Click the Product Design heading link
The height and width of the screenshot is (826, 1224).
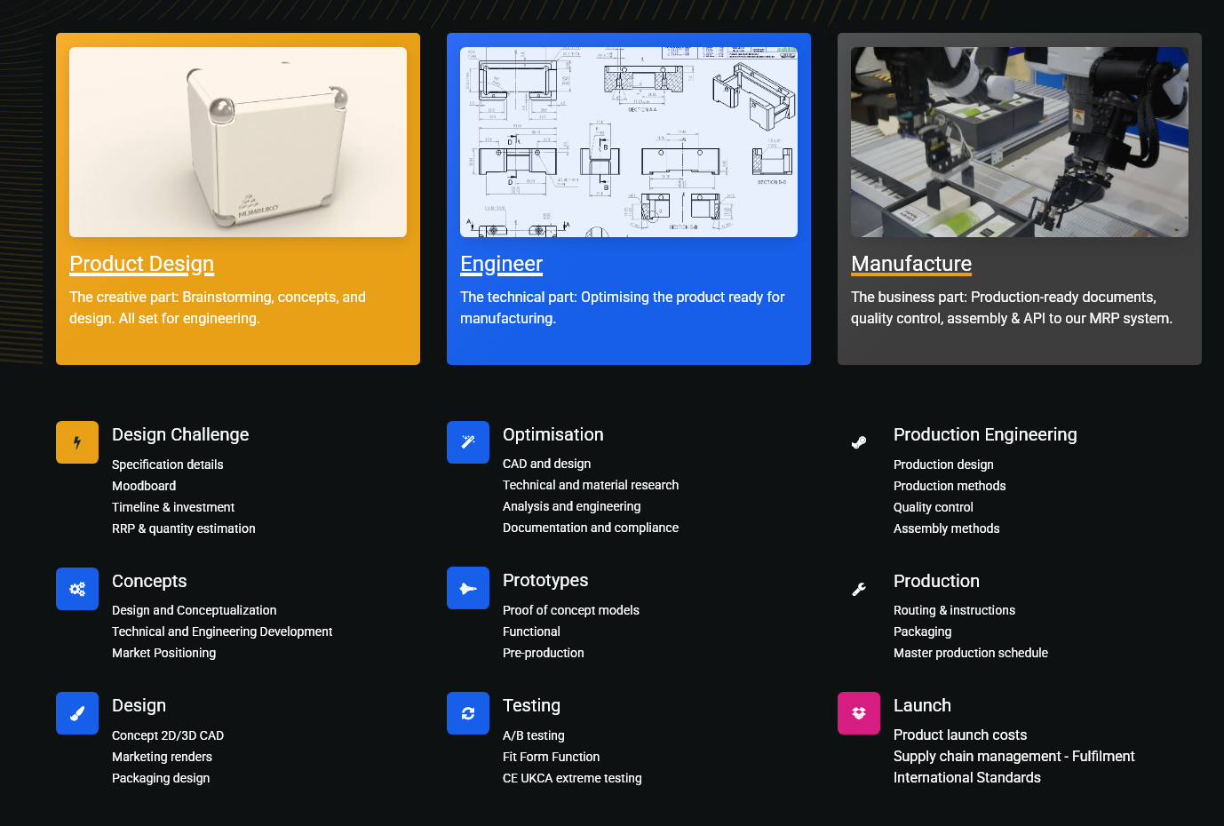pyautogui.click(x=141, y=264)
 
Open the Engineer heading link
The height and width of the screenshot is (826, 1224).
pyautogui.click(x=501, y=264)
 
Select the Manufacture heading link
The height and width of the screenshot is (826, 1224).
pyautogui.click(x=911, y=264)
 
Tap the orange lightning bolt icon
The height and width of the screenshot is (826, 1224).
pyautogui.click(x=77, y=442)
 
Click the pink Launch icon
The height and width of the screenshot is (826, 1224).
pyautogui.click(x=858, y=713)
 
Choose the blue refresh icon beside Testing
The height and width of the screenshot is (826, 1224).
pyautogui.click(x=468, y=713)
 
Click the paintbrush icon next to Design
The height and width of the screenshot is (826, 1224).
pyautogui.click(x=77, y=713)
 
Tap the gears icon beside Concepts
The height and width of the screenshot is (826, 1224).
pyautogui.click(x=77, y=588)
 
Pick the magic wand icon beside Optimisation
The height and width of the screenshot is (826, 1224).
pyautogui.click(x=468, y=442)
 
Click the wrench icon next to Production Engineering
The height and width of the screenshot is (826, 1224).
pyautogui.click(x=858, y=442)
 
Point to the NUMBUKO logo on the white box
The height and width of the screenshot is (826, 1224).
pyautogui.click(x=257, y=208)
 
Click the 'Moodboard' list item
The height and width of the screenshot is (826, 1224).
pyautogui.click(x=144, y=486)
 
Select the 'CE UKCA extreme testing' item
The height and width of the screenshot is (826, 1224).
pyautogui.click(x=572, y=778)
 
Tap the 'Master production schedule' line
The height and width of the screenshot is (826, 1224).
pyautogui.click(x=971, y=653)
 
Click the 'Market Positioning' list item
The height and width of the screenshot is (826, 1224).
pyautogui.click(x=164, y=653)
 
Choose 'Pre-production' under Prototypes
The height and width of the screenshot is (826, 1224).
pyautogui.click(x=543, y=653)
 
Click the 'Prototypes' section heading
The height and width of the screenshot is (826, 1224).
pyautogui.click(x=545, y=580)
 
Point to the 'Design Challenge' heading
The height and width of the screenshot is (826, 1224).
pyautogui.click(x=180, y=434)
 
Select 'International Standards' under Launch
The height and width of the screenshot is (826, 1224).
pyautogui.click(x=966, y=777)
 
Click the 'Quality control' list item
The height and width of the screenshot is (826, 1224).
pyautogui.click(x=933, y=507)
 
